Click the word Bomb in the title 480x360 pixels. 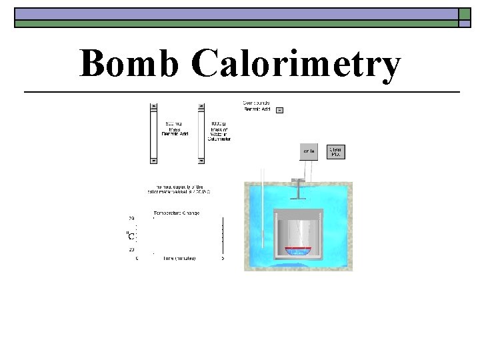pyautogui.click(x=130, y=65)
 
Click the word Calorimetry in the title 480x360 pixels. pyautogui.click(x=296, y=65)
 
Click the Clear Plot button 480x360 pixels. pyautogui.click(x=335, y=152)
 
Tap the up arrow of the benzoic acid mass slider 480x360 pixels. pyautogui.click(x=154, y=107)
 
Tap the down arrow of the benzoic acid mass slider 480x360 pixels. pyautogui.click(x=154, y=160)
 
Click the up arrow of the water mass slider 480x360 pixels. pyautogui.click(x=201, y=107)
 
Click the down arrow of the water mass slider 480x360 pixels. pyautogui.click(x=201, y=160)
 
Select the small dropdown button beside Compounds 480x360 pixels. pyautogui.click(x=279, y=110)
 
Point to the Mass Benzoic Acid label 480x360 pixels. pyautogui.click(x=175, y=129)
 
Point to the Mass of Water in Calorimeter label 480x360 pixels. pyautogui.click(x=219, y=131)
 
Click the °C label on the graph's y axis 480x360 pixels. pyautogui.click(x=131, y=235)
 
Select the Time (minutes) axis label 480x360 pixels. pyautogui.click(x=179, y=258)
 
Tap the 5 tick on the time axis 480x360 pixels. pyautogui.click(x=223, y=258)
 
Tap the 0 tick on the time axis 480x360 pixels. pyautogui.click(x=138, y=258)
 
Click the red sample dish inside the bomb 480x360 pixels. pyautogui.click(x=299, y=251)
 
